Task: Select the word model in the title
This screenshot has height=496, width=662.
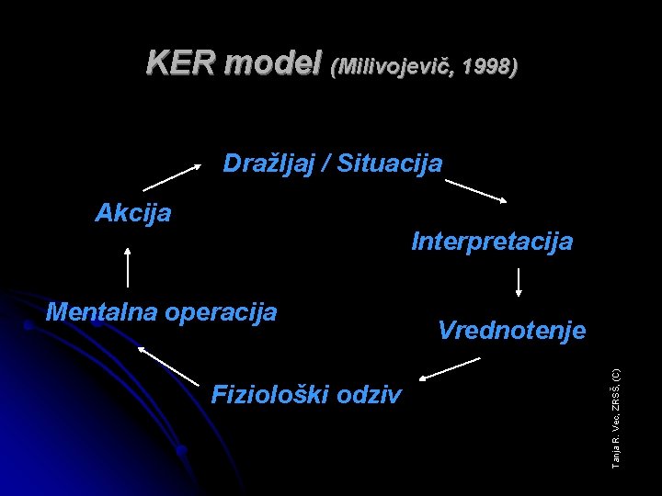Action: click(x=271, y=63)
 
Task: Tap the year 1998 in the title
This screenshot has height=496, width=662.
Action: click(x=488, y=66)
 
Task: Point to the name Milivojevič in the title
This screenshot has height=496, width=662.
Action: click(x=397, y=66)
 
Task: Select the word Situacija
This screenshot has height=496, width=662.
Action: click(x=390, y=164)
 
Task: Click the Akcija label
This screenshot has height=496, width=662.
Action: click(x=133, y=213)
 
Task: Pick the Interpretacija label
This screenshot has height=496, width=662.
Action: click(x=492, y=242)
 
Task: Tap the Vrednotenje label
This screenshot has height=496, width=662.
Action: click(x=511, y=330)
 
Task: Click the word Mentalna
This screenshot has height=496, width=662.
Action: click(x=103, y=311)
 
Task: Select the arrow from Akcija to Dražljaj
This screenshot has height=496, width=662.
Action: click(x=173, y=175)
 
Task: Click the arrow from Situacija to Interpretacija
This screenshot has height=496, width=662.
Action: click(x=476, y=191)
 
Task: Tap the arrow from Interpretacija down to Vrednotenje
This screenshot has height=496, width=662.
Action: click(x=519, y=281)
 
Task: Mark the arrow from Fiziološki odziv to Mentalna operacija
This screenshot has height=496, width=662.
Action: click(x=168, y=364)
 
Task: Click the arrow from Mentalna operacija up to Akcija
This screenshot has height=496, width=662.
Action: click(x=127, y=266)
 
